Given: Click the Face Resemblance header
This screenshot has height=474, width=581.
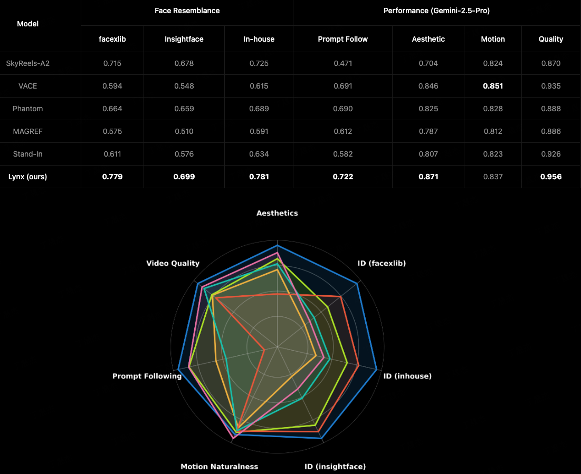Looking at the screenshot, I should tap(187, 11).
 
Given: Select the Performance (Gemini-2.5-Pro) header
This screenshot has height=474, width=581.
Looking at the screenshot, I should tap(436, 11).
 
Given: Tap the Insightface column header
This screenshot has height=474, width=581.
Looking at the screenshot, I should tap(184, 39).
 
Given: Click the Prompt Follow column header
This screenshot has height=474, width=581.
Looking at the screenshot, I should tap(342, 39).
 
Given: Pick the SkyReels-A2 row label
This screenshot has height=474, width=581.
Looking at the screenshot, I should tap(27, 63).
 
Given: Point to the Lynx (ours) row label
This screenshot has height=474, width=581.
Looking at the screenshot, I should tap(27, 177).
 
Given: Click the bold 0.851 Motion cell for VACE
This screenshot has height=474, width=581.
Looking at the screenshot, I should tap(493, 86).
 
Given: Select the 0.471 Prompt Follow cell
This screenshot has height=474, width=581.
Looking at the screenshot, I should tap(342, 63).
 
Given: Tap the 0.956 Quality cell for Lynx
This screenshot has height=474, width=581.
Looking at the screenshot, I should tap(550, 177).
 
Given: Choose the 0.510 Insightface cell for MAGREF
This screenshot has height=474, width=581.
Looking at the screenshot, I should tap(184, 131).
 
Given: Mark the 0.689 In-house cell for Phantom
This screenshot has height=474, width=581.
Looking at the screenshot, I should tap(259, 109).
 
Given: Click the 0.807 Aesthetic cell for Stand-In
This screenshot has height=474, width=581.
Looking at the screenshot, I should tap(428, 154).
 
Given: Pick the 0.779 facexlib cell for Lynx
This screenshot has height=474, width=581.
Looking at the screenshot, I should tap(112, 177).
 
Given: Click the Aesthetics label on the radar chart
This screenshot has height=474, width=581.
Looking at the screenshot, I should tap(277, 214).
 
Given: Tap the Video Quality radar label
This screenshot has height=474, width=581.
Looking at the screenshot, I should tap(173, 263).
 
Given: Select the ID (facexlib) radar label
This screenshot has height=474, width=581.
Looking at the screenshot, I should tap(382, 263).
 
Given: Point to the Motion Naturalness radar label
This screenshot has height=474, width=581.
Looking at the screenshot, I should tap(219, 467).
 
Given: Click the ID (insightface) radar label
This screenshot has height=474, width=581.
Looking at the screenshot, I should tap(335, 467).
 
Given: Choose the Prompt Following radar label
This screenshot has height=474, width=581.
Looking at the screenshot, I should tap(147, 376).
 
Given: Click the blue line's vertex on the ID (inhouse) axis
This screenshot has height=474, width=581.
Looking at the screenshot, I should tap(376, 370).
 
